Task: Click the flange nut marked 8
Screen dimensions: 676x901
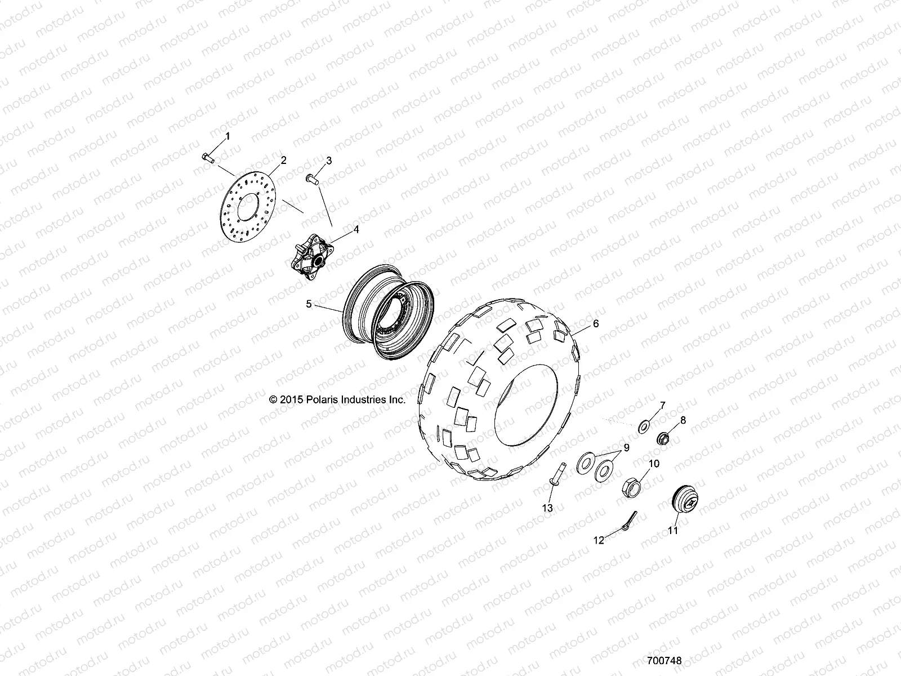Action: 663,438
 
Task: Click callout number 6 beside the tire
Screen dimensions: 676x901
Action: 596,324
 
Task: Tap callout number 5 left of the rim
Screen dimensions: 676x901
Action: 309,304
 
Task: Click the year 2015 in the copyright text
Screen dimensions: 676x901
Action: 291,399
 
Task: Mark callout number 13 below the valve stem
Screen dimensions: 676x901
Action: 547,508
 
